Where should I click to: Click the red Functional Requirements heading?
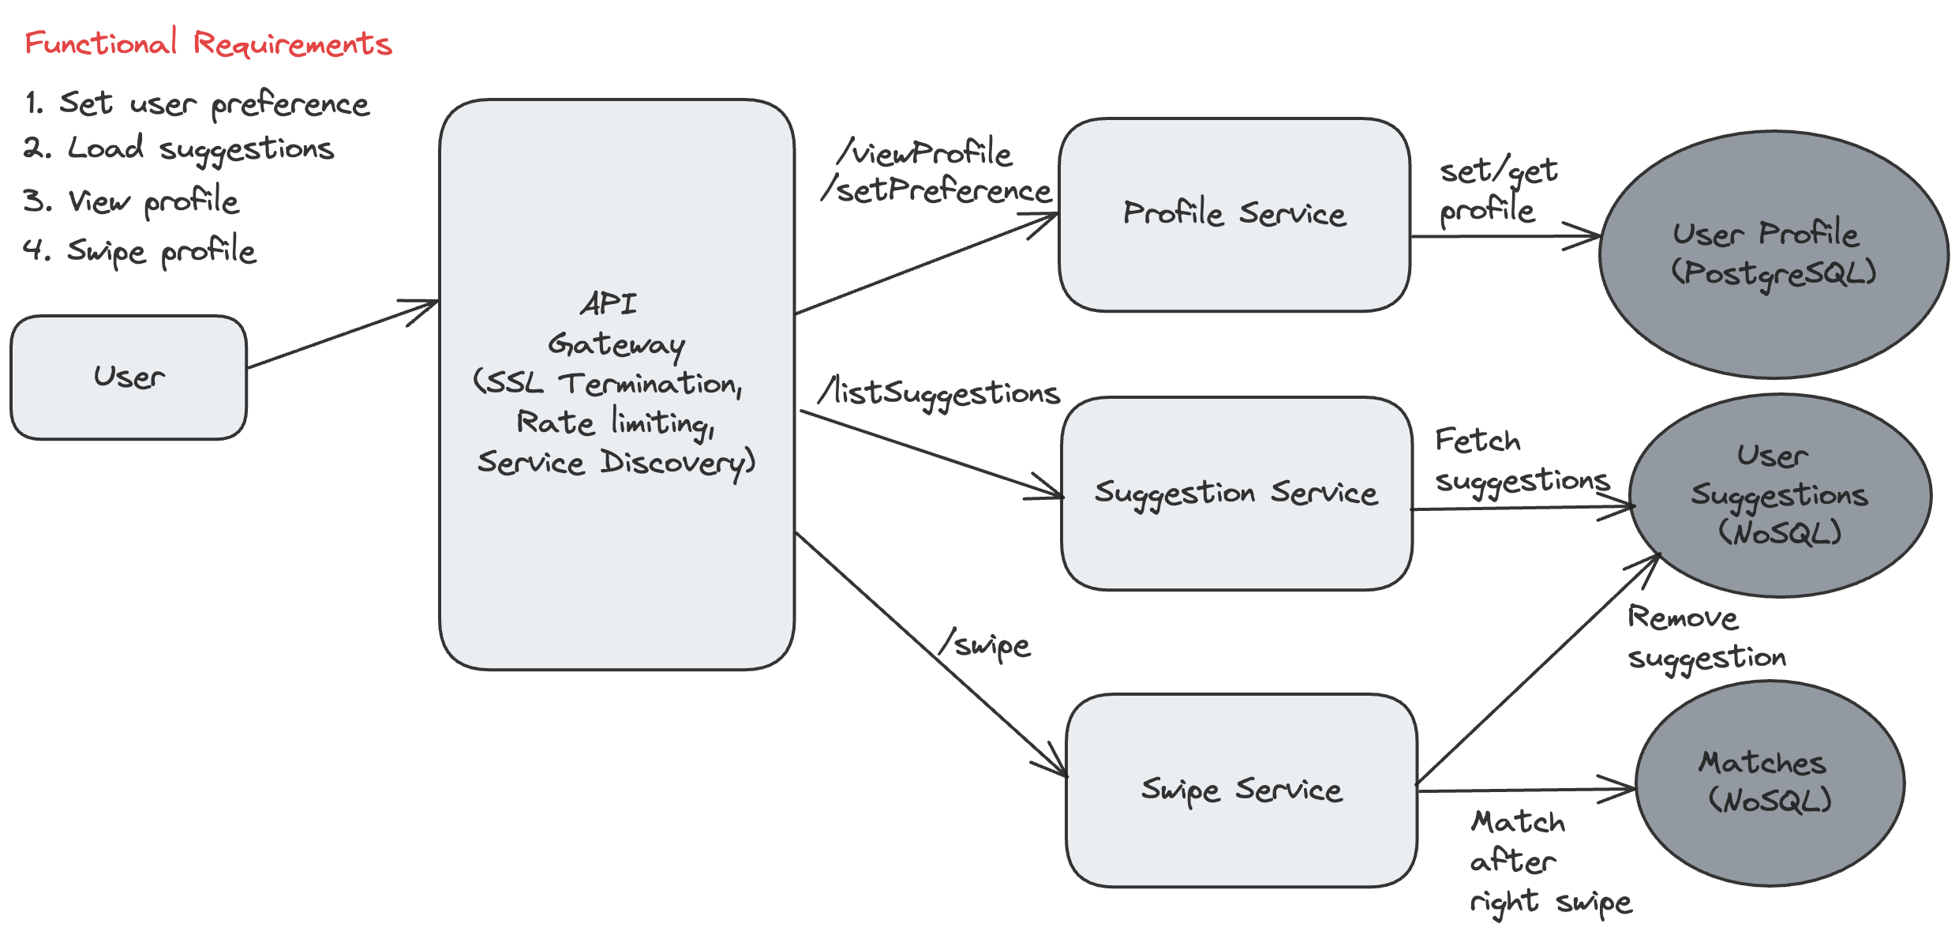(208, 43)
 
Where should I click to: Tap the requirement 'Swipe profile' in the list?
(140, 251)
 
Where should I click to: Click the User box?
(129, 377)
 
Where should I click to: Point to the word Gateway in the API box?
(616, 344)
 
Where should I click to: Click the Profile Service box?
(1234, 214)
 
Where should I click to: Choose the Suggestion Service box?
(1235, 493)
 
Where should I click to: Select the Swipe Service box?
(1241, 790)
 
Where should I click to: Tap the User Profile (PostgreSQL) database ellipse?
(1773, 253)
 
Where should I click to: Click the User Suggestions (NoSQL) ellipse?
(1779, 495)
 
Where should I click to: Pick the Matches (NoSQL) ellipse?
(1769, 782)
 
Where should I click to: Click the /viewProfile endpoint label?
(925, 152)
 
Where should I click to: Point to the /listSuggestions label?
(939, 392)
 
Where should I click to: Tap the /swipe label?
(984, 645)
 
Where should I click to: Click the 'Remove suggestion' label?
(1705, 637)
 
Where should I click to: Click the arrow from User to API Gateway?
(342, 335)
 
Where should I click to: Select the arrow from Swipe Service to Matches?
(1523, 790)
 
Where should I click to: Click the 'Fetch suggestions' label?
(1519, 460)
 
